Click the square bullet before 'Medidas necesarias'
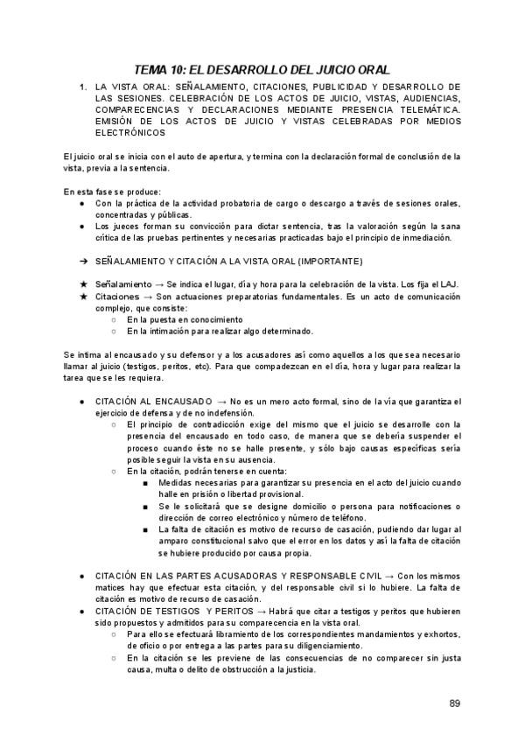click(145, 483)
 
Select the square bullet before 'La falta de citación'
click(145, 529)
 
